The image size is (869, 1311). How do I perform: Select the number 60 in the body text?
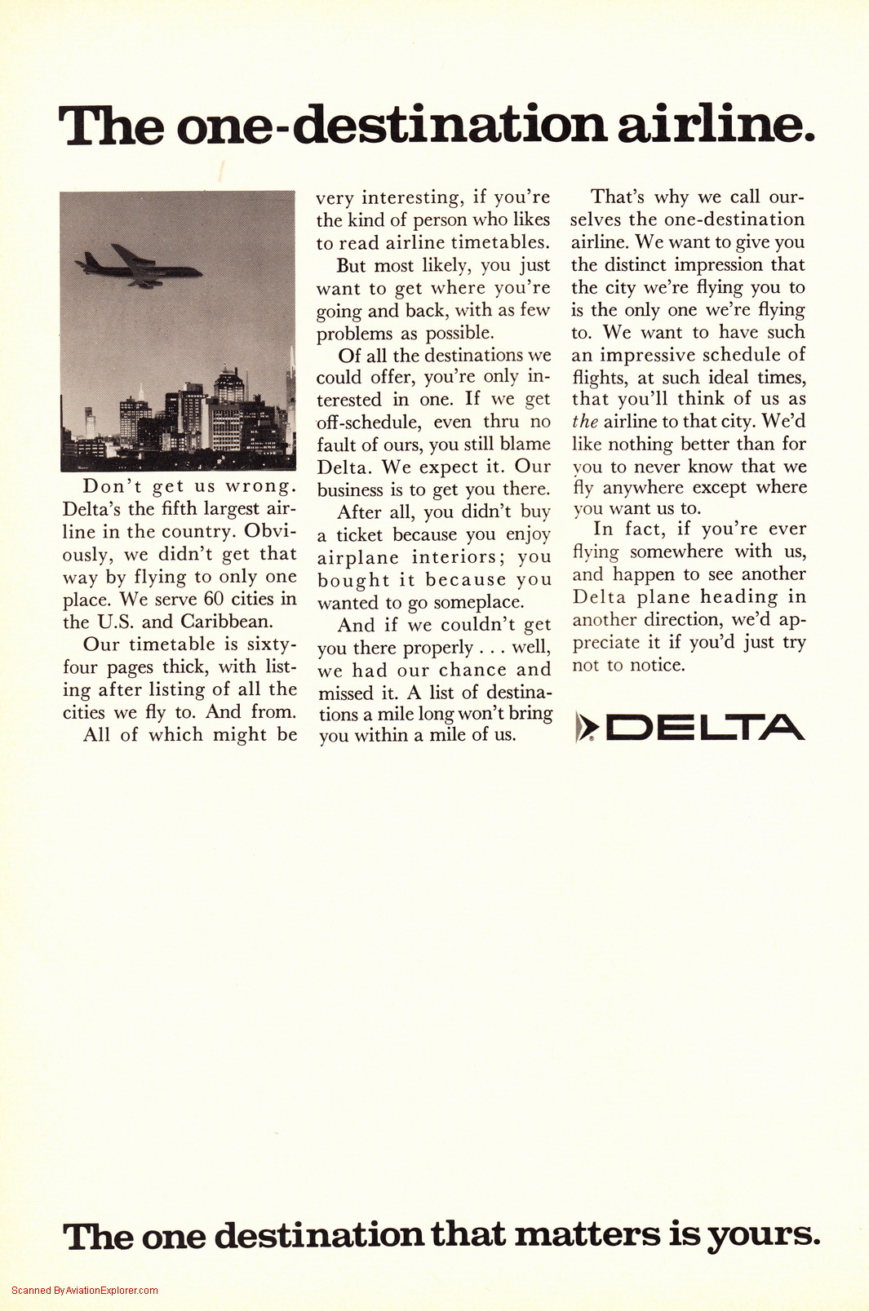click(x=214, y=599)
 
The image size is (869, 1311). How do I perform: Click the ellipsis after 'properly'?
click(x=492, y=649)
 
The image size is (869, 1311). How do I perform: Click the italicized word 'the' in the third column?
click(x=584, y=421)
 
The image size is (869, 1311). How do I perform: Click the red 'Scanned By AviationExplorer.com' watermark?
click(x=85, y=1291)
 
